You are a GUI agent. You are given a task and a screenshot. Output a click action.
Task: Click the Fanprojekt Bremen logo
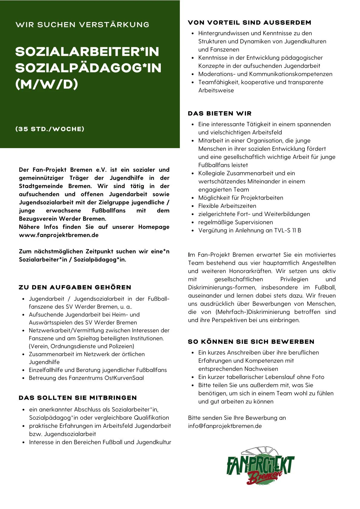pos(260,466)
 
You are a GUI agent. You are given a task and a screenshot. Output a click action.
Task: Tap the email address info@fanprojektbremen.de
pos(225,426)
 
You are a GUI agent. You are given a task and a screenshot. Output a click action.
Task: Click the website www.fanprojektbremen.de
pos(59,235)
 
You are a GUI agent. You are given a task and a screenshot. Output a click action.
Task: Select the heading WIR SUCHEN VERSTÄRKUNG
pos(82,24)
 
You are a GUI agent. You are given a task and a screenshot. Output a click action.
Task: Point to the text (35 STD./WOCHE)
pos(50,129)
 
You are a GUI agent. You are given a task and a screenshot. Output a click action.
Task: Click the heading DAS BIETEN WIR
pos(220,113)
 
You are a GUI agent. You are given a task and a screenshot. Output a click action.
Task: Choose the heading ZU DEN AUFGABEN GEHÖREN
pos(75,287)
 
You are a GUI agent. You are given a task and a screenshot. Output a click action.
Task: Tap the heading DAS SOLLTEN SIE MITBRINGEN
pos(78,398)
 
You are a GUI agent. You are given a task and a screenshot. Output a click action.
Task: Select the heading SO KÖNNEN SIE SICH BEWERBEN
pos(251,342)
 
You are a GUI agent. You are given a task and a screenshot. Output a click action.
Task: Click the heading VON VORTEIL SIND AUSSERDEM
pos(249,22)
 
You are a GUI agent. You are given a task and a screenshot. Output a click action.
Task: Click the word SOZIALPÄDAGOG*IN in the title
pos(88,68)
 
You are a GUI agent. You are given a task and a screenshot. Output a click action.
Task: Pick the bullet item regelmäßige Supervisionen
pos(235,222)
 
